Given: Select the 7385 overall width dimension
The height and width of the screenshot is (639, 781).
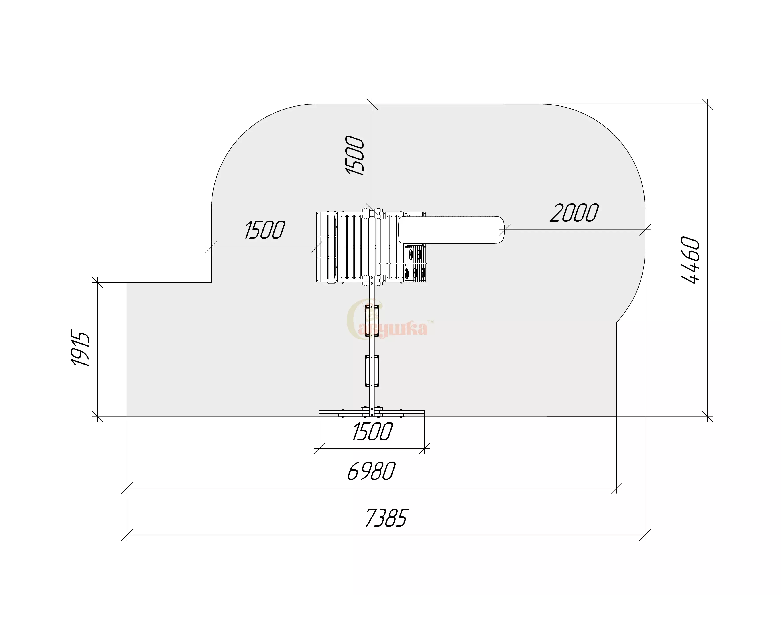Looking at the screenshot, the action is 387,518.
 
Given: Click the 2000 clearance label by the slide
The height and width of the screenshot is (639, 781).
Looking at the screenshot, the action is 574,213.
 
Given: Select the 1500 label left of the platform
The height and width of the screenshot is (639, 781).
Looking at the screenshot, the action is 264,230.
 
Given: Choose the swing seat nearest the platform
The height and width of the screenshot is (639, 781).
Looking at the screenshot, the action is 372,321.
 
